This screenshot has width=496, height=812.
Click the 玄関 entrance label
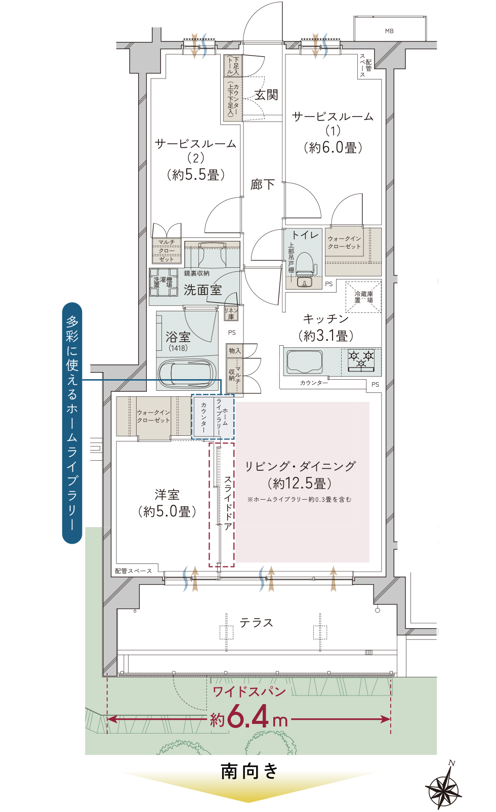coord(266,95)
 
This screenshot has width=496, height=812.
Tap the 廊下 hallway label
coord(263,185)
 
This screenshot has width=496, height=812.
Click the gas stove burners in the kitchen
coord(361,359)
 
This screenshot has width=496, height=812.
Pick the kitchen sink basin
coord(304,361)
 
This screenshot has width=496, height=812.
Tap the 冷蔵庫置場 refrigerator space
coord(363,297)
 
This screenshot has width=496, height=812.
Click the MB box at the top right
coord(389,31)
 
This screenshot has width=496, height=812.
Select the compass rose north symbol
coord(444,787)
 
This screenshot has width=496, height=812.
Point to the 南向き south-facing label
coord(249,772)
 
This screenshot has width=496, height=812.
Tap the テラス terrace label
coord(256,623)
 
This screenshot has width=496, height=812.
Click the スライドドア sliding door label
coord(228,503)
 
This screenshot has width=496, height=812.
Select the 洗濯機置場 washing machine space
coord(163,282)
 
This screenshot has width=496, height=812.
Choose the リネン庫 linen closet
coord(231,313)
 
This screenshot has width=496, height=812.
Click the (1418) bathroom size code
coord(178,348)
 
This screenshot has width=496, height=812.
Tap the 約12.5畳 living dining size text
coord(300,483)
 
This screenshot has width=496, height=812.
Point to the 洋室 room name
coord(167,495)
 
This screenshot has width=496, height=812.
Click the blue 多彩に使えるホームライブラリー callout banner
coord(72,423)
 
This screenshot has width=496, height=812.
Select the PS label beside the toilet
coord(329,285)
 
